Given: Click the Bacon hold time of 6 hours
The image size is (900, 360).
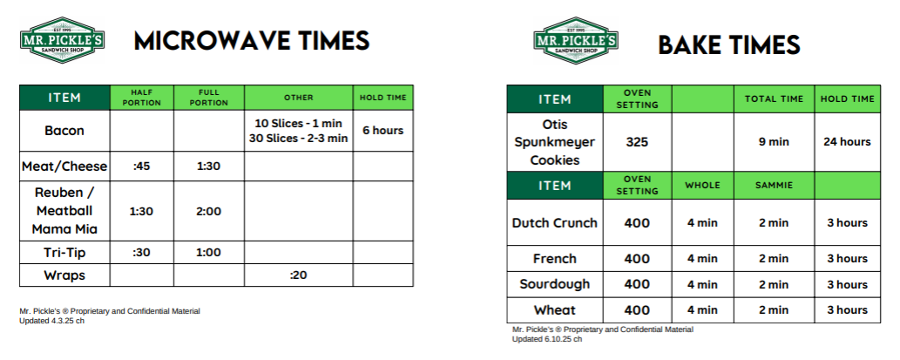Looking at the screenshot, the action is [382, 131].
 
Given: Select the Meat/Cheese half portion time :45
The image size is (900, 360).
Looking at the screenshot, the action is [141, 166].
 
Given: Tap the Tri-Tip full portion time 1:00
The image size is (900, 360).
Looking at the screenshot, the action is [208, 253].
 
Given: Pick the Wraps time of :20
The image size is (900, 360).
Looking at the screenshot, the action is [299, 275].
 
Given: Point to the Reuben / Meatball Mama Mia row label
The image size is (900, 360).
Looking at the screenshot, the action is [64, 211].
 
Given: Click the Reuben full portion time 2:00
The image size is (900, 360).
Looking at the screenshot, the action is [208, 211].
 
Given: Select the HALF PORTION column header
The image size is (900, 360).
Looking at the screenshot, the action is [142, 98].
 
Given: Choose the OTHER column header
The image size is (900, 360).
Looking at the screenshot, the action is [299, 98].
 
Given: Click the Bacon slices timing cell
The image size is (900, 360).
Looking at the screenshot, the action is [299, 131].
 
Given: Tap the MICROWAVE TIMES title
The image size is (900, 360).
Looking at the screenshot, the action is [252, 41].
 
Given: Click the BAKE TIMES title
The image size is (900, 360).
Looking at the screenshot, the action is [729, 44].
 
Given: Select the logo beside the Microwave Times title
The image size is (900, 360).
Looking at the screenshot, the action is [62, 40].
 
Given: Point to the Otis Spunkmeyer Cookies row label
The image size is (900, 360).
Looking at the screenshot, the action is [554, 142].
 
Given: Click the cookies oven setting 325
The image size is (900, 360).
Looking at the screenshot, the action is [637, 142].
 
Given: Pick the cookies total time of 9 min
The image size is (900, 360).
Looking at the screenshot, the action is [774, 142].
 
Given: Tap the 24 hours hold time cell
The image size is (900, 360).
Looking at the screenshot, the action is [847, 142].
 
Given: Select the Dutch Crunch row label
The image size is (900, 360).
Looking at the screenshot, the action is [554, 223].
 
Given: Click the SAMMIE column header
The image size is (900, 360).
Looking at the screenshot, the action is [774, 186].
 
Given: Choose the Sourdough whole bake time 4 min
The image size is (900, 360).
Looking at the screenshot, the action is [702, 284].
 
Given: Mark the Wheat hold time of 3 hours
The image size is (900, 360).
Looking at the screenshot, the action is [847, 310].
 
